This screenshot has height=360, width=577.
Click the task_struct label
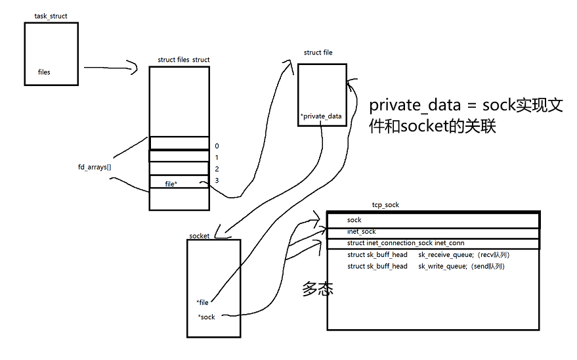[51, 16]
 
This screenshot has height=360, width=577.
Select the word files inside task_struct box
[44, 72]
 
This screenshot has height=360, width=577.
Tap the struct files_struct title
[184, 60]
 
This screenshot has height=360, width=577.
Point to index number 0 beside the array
[217, 146]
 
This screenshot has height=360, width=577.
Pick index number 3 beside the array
[217, 181]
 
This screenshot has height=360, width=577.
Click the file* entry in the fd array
[171, 184]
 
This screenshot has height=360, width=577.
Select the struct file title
[318, 53]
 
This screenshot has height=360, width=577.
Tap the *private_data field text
[321, 116]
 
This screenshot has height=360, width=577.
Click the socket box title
[200, 235]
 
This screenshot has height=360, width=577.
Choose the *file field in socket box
[202, 302]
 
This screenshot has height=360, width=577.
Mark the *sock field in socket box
[206, 317]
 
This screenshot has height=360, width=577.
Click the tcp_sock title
[385, 205]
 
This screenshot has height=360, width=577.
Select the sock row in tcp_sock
[354, 220]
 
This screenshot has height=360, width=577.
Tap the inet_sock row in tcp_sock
[361, 232]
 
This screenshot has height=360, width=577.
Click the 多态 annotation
[317, 288]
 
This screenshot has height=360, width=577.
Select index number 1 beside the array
[217, 158]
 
